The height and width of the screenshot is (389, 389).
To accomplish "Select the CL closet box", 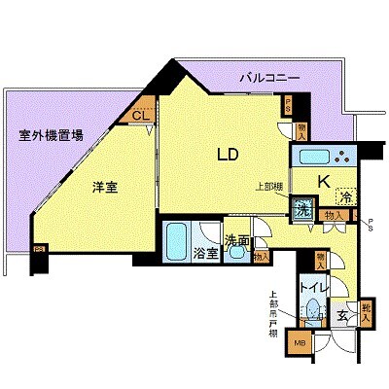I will [x=142, y=115].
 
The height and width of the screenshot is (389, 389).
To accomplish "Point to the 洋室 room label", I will [x=105, y=188].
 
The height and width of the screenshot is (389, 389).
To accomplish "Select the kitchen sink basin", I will [x=310, y=159].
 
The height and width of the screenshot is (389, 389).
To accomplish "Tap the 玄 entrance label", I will [x=343, y=314].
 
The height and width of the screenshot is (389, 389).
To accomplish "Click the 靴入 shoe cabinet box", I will [x=367, y=311].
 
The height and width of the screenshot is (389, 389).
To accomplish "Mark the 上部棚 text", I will [x=269, y=189].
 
